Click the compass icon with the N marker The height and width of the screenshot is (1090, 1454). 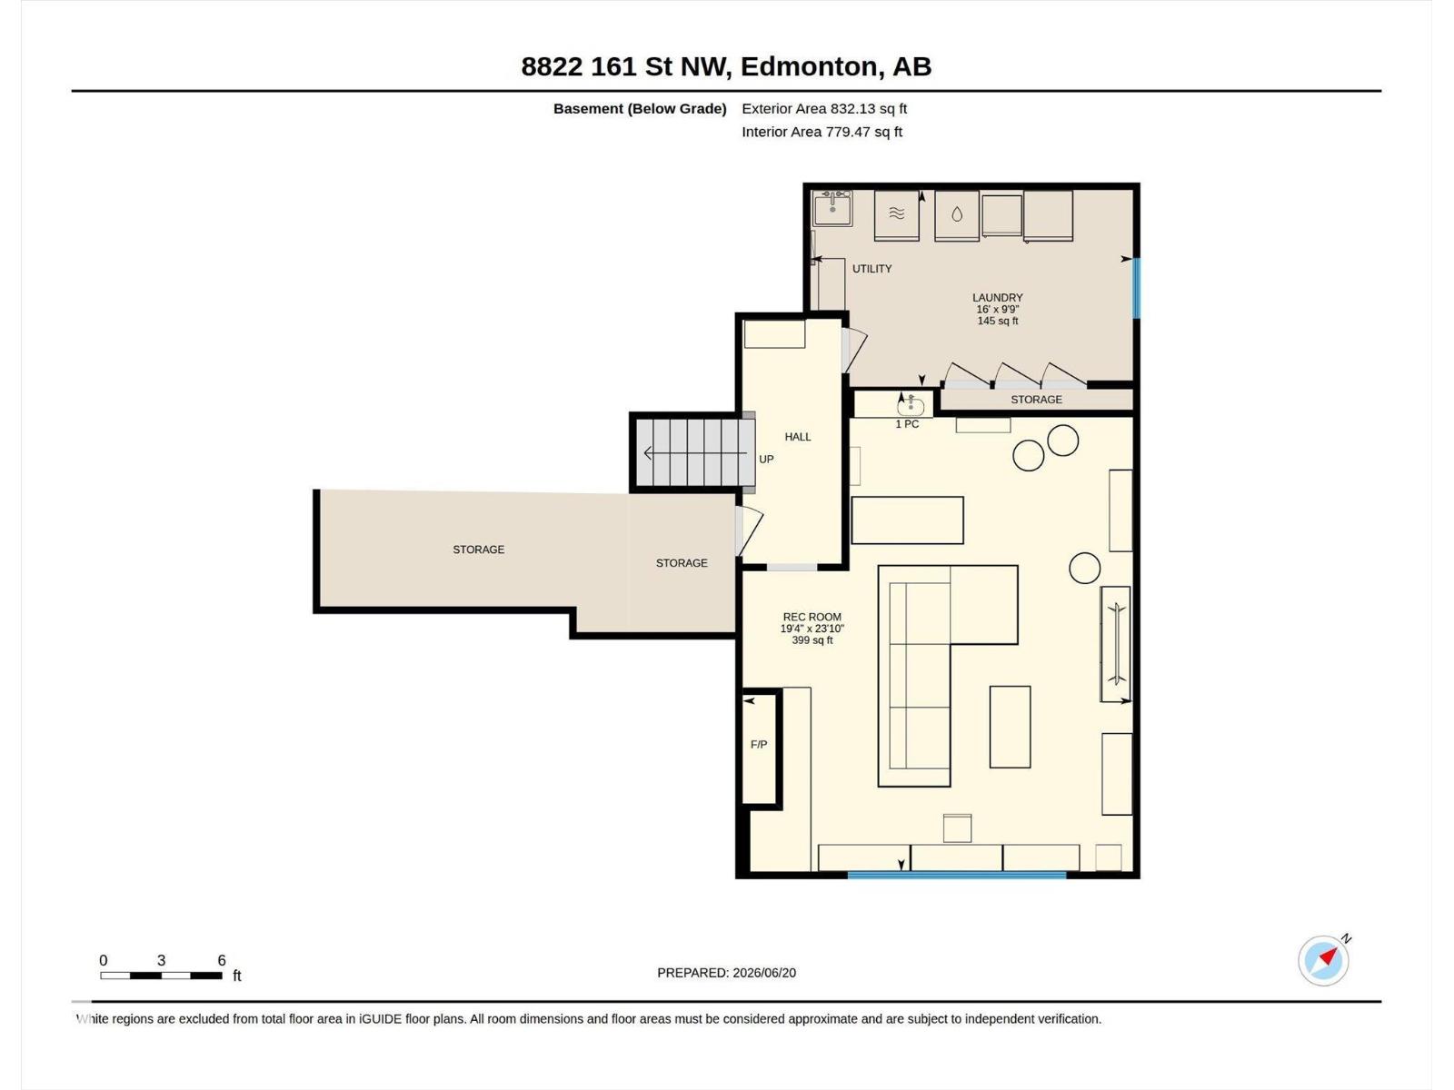tap(1323, 960)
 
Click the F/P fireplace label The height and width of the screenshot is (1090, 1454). tap(759, 745)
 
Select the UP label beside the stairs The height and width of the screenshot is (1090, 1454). tap(766, 460)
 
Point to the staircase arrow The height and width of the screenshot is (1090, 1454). tap(695, 453)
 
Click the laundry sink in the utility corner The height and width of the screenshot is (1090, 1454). tap(832, 208)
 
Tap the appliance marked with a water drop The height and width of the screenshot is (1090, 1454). tap(957, 215)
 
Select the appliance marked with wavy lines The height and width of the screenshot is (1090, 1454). tap(896, 215)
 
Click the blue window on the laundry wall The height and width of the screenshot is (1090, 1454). tap(1136, 288)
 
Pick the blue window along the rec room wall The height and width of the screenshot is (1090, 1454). tap(957, 875)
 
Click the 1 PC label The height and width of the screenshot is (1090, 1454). tap(907, 424)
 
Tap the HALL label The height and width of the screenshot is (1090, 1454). tap(798, 437)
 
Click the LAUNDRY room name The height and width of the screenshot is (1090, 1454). tap(998, 298)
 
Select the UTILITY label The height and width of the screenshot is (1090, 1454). tap(871, 269)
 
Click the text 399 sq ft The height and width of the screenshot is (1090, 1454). tap(812, 640)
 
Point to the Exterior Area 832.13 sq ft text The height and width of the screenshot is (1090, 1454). tap(824, 108)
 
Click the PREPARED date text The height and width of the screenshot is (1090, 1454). tap(727, 973)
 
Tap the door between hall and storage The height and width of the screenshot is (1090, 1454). tap(749, 530)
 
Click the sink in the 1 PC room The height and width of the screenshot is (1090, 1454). tap(911, 406)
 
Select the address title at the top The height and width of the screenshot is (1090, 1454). tap(726, 66)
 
